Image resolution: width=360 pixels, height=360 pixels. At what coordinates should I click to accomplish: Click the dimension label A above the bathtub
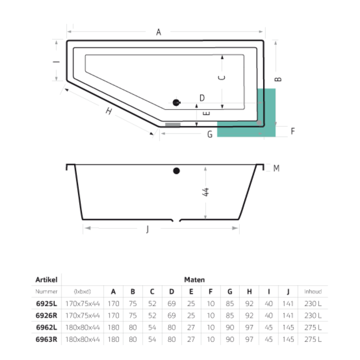158,33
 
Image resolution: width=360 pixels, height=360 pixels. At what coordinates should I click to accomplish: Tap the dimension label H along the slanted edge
109,111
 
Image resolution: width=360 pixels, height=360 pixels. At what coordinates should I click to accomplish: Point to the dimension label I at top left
55,62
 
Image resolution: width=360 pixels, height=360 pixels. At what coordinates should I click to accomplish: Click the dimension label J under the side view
147,230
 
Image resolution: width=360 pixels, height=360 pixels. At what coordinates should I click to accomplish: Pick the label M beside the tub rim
276,168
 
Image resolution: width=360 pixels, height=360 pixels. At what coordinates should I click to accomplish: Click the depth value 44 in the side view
205,192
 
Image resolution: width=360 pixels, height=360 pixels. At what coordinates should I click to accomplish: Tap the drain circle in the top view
177,102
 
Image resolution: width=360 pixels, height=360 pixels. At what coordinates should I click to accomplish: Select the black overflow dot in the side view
177,171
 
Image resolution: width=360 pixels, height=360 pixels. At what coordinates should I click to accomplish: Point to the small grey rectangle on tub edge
173,125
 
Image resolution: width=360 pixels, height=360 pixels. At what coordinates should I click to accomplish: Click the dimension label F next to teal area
292,131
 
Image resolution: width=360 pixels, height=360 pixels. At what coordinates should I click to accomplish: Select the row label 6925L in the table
47,303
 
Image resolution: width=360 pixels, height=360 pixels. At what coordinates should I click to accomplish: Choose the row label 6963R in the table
47,338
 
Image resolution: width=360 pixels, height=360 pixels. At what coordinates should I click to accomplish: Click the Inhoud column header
313,291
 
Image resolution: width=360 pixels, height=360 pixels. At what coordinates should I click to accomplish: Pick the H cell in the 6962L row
250,327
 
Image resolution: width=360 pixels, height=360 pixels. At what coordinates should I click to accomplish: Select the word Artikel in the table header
47,280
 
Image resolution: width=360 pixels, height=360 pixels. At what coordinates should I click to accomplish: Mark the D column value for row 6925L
172,303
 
